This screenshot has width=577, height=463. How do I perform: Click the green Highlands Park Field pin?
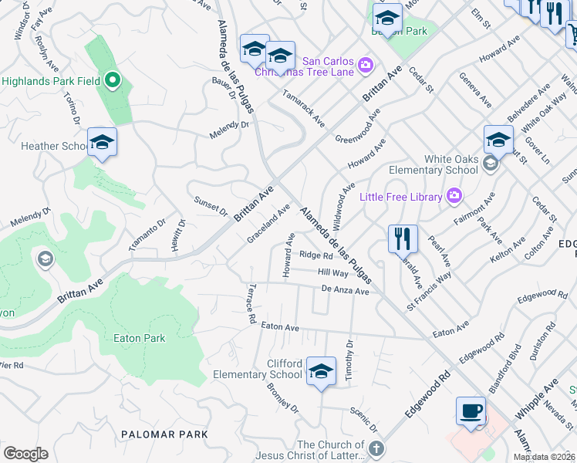pyautogui.click(x=112, y=80)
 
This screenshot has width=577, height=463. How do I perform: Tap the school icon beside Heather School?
pyautogui.click(x=102, y=142)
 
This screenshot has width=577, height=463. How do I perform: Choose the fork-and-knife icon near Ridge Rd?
pyautogui.click(x=403, y=238)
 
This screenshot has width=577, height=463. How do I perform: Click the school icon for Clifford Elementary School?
pyautogui.click(x=321, y=371)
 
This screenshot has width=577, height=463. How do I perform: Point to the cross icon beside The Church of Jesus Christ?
pyautogui.click(x=376, y=448)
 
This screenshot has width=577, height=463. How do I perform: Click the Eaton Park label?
pyautogui.click(x=139, y=338)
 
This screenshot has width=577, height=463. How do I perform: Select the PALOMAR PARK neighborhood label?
pyautogui.click(x=164, y=434)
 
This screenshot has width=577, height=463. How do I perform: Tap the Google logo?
pyautogui.click(x=25, y=454)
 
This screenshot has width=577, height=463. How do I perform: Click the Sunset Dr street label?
pyautogui.click(x=211, y=206)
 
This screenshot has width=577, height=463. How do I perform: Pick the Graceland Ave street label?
pyautogui.click(x=268, y=224)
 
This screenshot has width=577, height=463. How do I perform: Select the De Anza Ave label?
pyautogui.click(x=345, y=289)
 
